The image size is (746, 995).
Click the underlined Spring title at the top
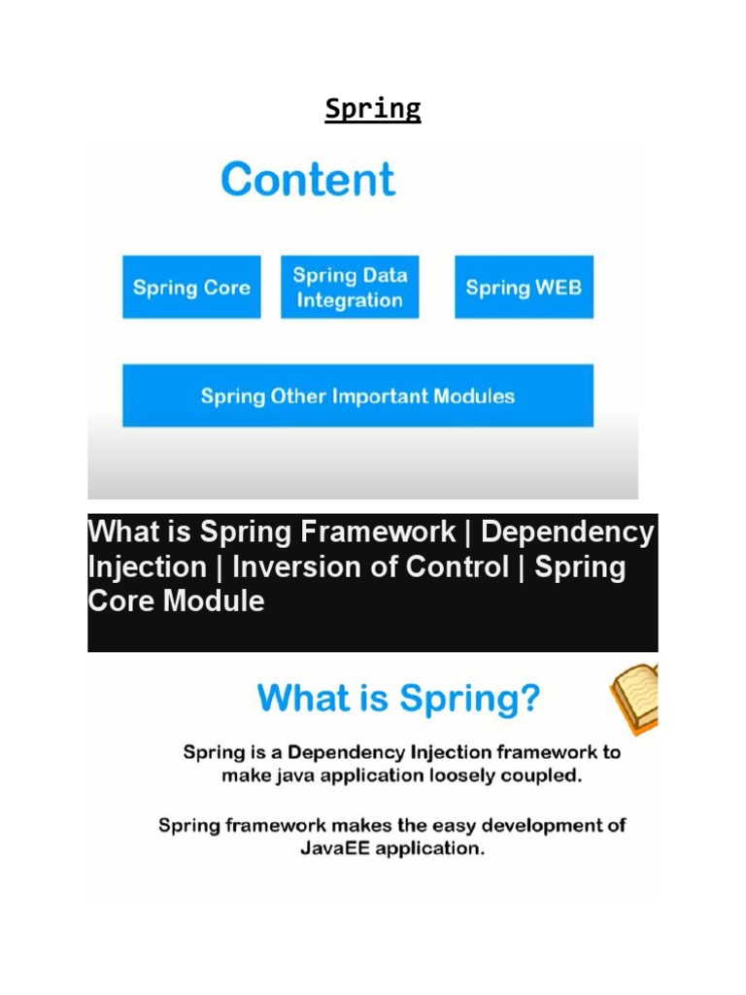pos(373,109)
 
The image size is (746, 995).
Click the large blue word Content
pos(308,180)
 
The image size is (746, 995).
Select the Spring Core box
pos(191,288)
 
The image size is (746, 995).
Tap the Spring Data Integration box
pos(350,288)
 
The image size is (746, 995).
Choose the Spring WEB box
pos(524,288)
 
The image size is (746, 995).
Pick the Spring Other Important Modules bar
pos(357,396)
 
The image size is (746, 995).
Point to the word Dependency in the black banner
pos(567,532)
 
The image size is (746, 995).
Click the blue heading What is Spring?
pos(398,699)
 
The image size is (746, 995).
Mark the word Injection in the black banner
pos(147,566)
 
